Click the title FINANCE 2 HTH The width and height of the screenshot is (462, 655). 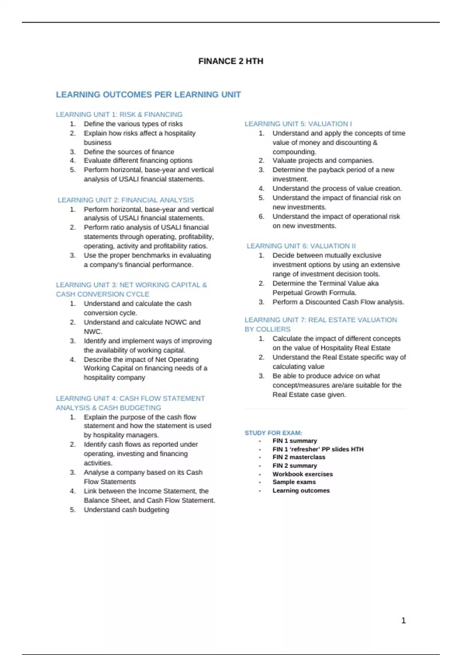point(231,61)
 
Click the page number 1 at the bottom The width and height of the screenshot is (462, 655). point(403,620)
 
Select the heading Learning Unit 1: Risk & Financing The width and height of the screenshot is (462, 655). point(119,114)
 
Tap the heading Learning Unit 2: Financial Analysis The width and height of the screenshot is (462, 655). point(126,200)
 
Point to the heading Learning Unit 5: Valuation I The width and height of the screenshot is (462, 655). point(298,124)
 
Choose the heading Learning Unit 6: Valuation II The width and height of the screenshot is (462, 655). point(301,246)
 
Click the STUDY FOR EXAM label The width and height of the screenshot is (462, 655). point(273,433)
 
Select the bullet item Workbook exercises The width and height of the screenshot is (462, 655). point(303,474)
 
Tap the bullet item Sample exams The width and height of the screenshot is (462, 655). point(294,482)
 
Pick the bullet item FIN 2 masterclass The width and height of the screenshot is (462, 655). point(299,457)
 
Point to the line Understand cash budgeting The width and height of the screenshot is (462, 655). point(126,509)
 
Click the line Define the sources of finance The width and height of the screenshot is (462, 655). point(129,152)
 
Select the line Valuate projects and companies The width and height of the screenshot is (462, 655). point(323,160)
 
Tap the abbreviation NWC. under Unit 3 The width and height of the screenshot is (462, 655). point(93,331)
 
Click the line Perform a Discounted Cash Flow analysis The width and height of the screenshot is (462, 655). point(338,302)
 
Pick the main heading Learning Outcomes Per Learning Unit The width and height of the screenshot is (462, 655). point(148,95)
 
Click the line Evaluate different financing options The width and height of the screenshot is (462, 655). point(138,160)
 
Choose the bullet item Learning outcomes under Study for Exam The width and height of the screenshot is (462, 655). point(301,490)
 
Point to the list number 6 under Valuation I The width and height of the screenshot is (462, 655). point(261,217)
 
